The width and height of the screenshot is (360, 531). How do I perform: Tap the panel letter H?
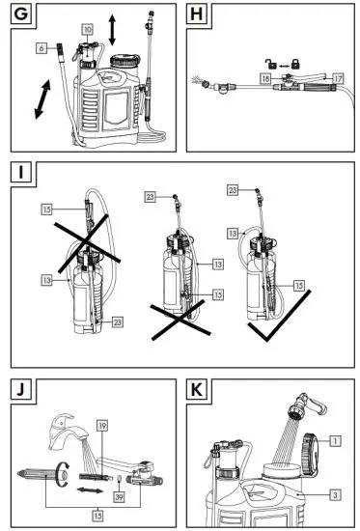(x=199, y=16)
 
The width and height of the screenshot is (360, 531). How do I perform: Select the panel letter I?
(x=19, y=175)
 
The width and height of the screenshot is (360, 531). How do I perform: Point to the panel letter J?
(x=19, y=391)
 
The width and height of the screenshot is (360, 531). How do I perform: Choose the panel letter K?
(x=199, y=391)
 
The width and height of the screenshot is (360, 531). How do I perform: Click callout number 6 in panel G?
(x=42, y=47)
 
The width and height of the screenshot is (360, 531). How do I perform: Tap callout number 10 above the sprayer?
(x=88, y=31)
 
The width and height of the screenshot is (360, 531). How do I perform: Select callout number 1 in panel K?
(x=335, y=440)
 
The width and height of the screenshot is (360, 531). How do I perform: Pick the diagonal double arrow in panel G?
(x=43, y=101)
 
